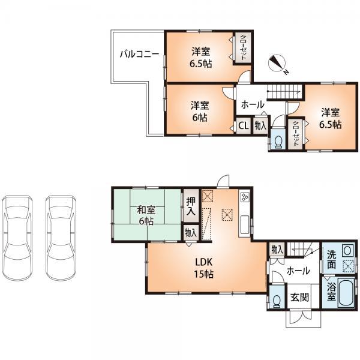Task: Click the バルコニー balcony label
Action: (x=138, y=53)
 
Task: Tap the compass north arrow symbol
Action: (x=279, y=63)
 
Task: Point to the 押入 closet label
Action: (x=190, y=206)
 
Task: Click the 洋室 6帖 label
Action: (x=200, y=111)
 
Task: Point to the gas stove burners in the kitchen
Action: (x=245, y=197)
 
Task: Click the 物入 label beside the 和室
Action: (x=190, y=232)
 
